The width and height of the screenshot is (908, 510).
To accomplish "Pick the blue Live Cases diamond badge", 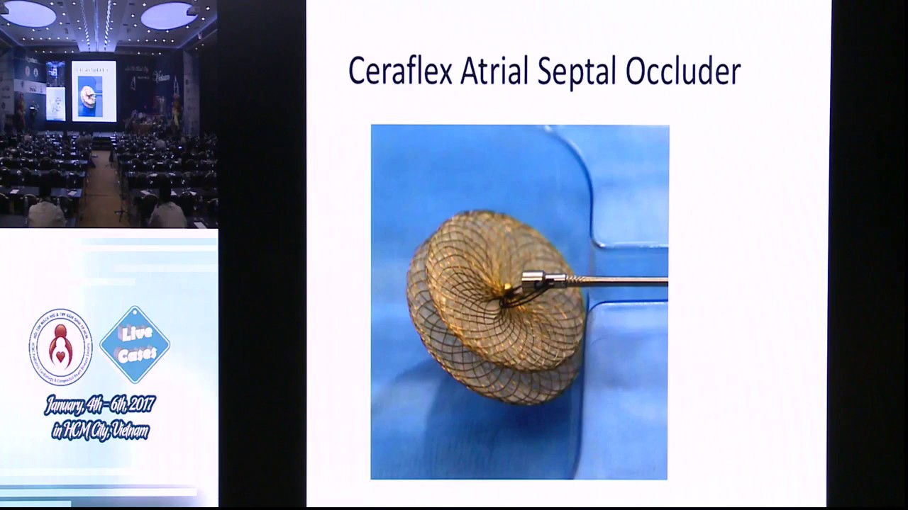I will pos(135,345).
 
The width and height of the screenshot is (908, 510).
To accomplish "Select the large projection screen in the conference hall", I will pos(94,91).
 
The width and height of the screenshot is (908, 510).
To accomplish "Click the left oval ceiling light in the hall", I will pos(29,13).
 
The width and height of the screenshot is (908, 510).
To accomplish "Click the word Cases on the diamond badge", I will pos(137,355).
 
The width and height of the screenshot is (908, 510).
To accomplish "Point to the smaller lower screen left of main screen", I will pos(55,103).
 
